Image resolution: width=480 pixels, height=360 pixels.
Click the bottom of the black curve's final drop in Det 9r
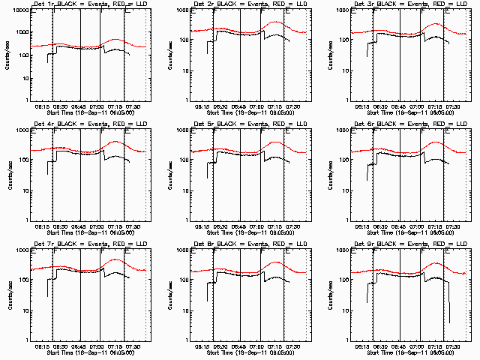(449, 322)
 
